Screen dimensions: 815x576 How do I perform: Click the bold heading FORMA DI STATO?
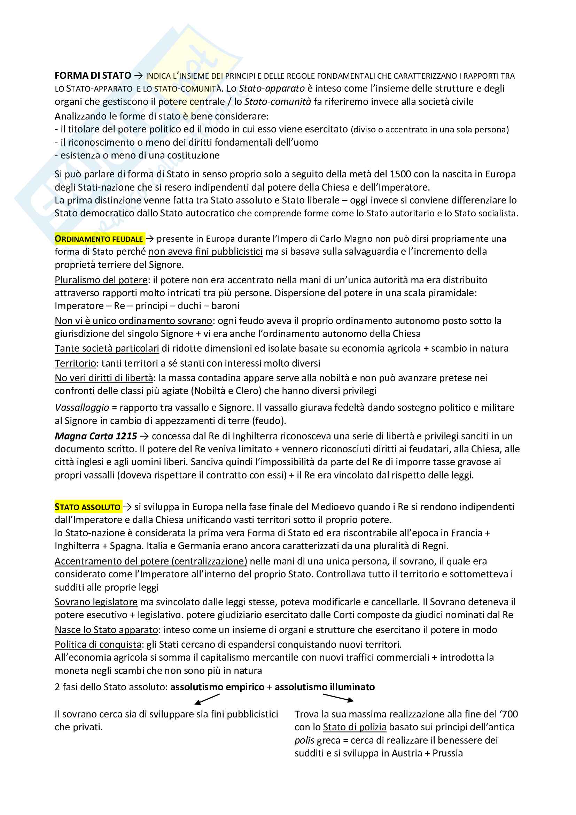click(93, 76)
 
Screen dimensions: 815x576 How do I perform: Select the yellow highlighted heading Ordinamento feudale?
click(99, 239)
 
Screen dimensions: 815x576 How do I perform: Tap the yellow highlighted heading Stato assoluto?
click(88, 507)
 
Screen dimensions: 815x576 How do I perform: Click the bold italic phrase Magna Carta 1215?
click(96, 436)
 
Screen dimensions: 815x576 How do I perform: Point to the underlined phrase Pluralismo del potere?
click(101, 280)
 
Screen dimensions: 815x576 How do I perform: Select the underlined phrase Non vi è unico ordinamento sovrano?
click(133, 321)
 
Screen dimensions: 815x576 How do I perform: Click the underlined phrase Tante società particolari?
click(107, 348)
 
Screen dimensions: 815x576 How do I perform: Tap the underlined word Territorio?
click(75, 363)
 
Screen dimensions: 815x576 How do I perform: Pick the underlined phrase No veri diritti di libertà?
click(104, 378)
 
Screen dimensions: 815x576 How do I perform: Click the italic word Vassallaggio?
click(82, 408)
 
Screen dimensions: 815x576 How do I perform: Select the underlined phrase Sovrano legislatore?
click(96, 602)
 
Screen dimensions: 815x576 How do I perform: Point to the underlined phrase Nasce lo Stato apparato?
click(107, 630)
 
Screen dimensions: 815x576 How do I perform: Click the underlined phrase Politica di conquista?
click(98, 645)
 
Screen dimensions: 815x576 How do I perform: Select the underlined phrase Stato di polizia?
click(355, 727)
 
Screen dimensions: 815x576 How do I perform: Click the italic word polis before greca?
click(304, 740)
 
